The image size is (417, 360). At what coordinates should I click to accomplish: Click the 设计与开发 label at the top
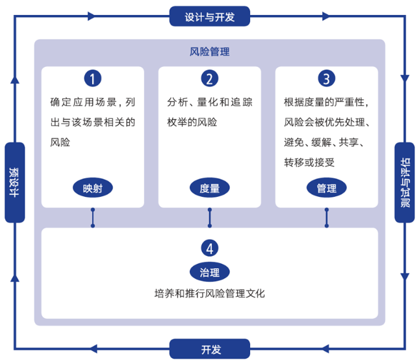click(208, 16)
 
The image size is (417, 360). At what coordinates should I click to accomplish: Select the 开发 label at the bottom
click(208, 350)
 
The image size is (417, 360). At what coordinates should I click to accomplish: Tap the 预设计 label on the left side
click(14, 183)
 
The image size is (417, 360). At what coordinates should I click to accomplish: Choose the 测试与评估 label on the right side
click(404, 183)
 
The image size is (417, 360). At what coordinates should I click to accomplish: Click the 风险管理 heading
click(209, 52)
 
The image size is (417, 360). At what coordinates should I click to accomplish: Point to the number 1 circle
click(93, 79)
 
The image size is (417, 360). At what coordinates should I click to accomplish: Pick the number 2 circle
click(209, 79)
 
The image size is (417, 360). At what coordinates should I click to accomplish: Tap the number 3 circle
click(326, 79)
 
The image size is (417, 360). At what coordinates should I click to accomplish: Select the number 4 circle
click(209, 248)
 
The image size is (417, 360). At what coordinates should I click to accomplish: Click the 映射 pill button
click(93, 188)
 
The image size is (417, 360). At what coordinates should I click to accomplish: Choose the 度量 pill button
click(209, 188)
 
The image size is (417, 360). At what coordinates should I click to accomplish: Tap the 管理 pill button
click(326, 188)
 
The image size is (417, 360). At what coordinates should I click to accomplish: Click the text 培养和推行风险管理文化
click(209, 293)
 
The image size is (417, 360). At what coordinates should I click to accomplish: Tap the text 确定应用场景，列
click(93, 102)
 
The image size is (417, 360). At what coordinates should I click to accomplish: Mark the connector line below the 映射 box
click(93, 218)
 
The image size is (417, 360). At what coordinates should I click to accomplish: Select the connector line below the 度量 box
click(209, 218)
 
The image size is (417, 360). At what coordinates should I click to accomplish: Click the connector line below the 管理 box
click(326, 218)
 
